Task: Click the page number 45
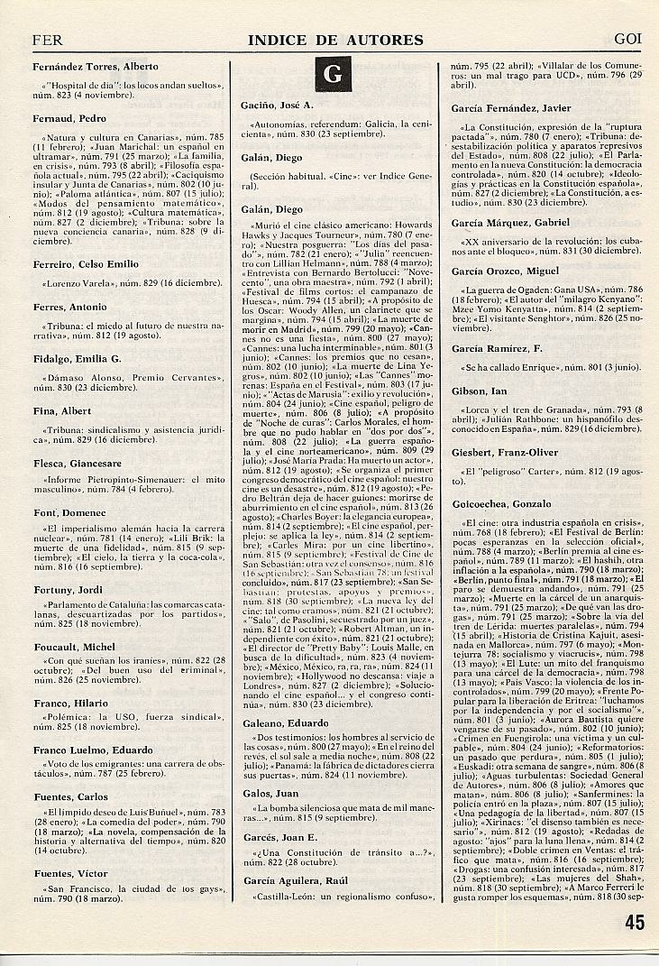tap(634, 922)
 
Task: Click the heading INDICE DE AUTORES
tap(336, 40)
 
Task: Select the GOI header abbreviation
tap(627, 40)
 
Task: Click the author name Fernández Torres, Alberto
tap(95, 67)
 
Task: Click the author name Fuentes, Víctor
tap(69, 874)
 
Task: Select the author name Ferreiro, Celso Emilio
tap(85, 263)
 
